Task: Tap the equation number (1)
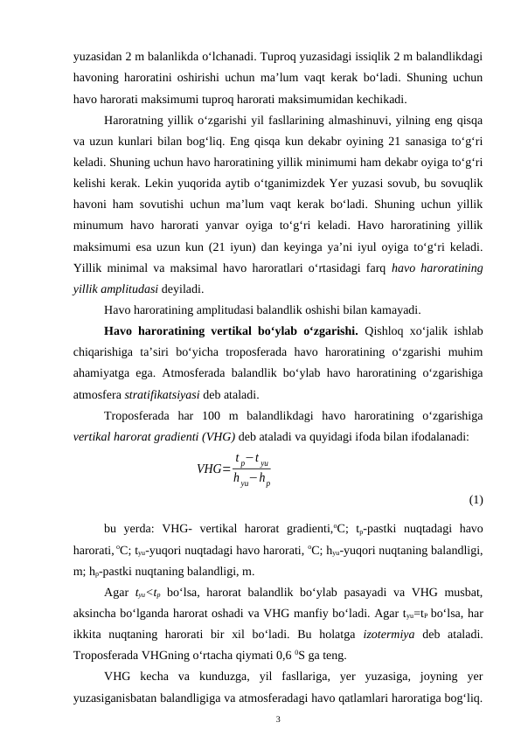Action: (x=476, y=500)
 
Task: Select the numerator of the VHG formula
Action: (x=252, y=459)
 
